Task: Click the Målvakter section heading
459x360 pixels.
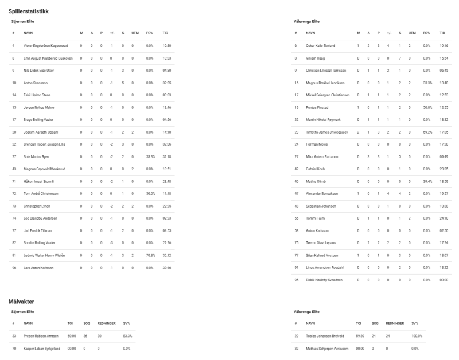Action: click(25, 300)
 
